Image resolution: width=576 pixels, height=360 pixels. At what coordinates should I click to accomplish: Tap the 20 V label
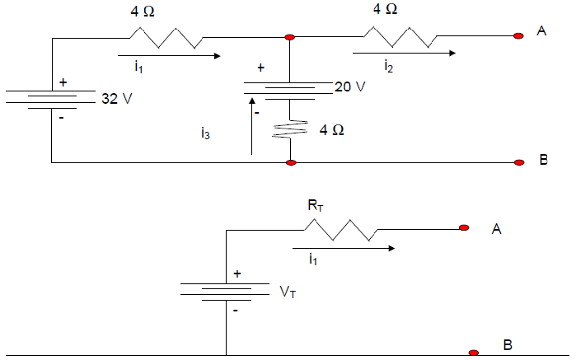tap(349, 87)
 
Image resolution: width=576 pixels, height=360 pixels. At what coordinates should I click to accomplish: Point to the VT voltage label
tap(288, 292)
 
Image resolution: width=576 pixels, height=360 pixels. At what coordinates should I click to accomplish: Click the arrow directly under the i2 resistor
tap(404, 54)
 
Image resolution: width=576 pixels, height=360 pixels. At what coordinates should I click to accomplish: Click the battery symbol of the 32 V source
tap(52, 99)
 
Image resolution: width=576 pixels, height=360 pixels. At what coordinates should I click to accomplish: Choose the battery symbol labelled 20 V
tap(289, 88)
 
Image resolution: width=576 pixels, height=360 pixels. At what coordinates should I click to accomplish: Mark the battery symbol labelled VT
tap(226, 291)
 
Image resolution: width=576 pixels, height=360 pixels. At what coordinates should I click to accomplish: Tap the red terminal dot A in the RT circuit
tap(464, 227)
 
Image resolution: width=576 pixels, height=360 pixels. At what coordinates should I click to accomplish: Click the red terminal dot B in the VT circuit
tap(473, 353)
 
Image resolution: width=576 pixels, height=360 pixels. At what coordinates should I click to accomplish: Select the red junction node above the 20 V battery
tap(289, 37)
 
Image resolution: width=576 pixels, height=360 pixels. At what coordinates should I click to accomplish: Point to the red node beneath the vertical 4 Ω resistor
tap(290, 163)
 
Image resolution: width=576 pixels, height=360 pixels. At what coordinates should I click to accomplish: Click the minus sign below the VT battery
tap(236, 311)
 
